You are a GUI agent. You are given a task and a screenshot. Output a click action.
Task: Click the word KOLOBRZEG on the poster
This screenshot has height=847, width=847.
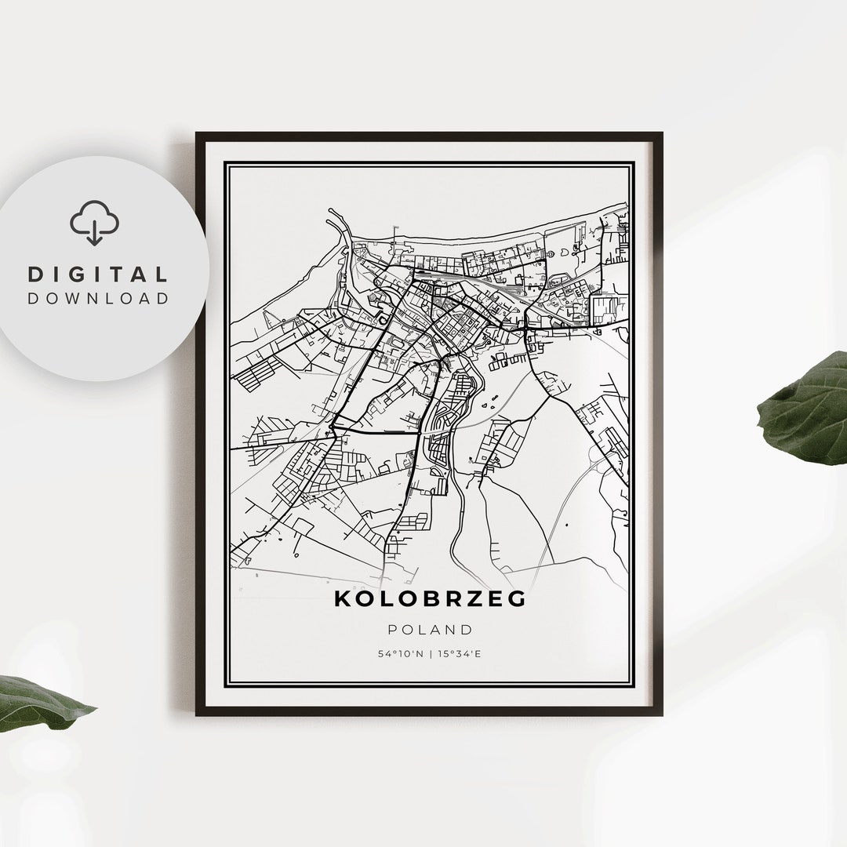[x=430, y=598]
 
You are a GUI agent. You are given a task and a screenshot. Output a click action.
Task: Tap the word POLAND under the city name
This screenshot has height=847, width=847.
[x=430, y=630]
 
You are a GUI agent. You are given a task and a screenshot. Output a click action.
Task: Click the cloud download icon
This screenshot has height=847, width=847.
[x=95, y=223]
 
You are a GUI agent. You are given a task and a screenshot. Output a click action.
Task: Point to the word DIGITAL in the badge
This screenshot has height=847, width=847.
[x=98, y=274]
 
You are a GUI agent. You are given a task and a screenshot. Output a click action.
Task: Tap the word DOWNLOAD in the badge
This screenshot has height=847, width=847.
[x=98, y=298]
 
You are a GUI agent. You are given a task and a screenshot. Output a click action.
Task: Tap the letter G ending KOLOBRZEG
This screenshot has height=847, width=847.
[x=517, y=598]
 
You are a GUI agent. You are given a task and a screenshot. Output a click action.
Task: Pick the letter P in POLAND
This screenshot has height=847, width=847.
[x=391, y=630]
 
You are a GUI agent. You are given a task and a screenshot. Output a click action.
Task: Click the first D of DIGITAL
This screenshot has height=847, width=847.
[x=35, y=274]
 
